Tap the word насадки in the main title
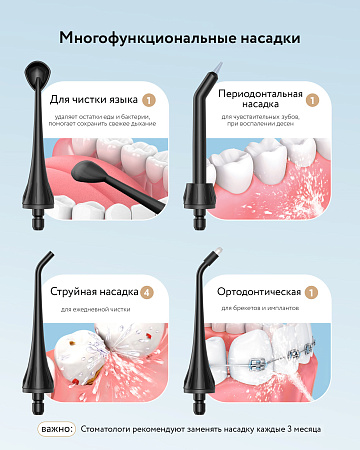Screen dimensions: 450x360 click(265, 39)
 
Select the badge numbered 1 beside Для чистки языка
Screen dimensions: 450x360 click(149, 100)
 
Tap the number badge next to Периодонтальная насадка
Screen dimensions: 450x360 click(312, 100)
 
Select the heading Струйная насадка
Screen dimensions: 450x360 click(96, 292)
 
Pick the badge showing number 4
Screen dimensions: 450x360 click(148, 292)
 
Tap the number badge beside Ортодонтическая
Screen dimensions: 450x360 click(311, 292)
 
